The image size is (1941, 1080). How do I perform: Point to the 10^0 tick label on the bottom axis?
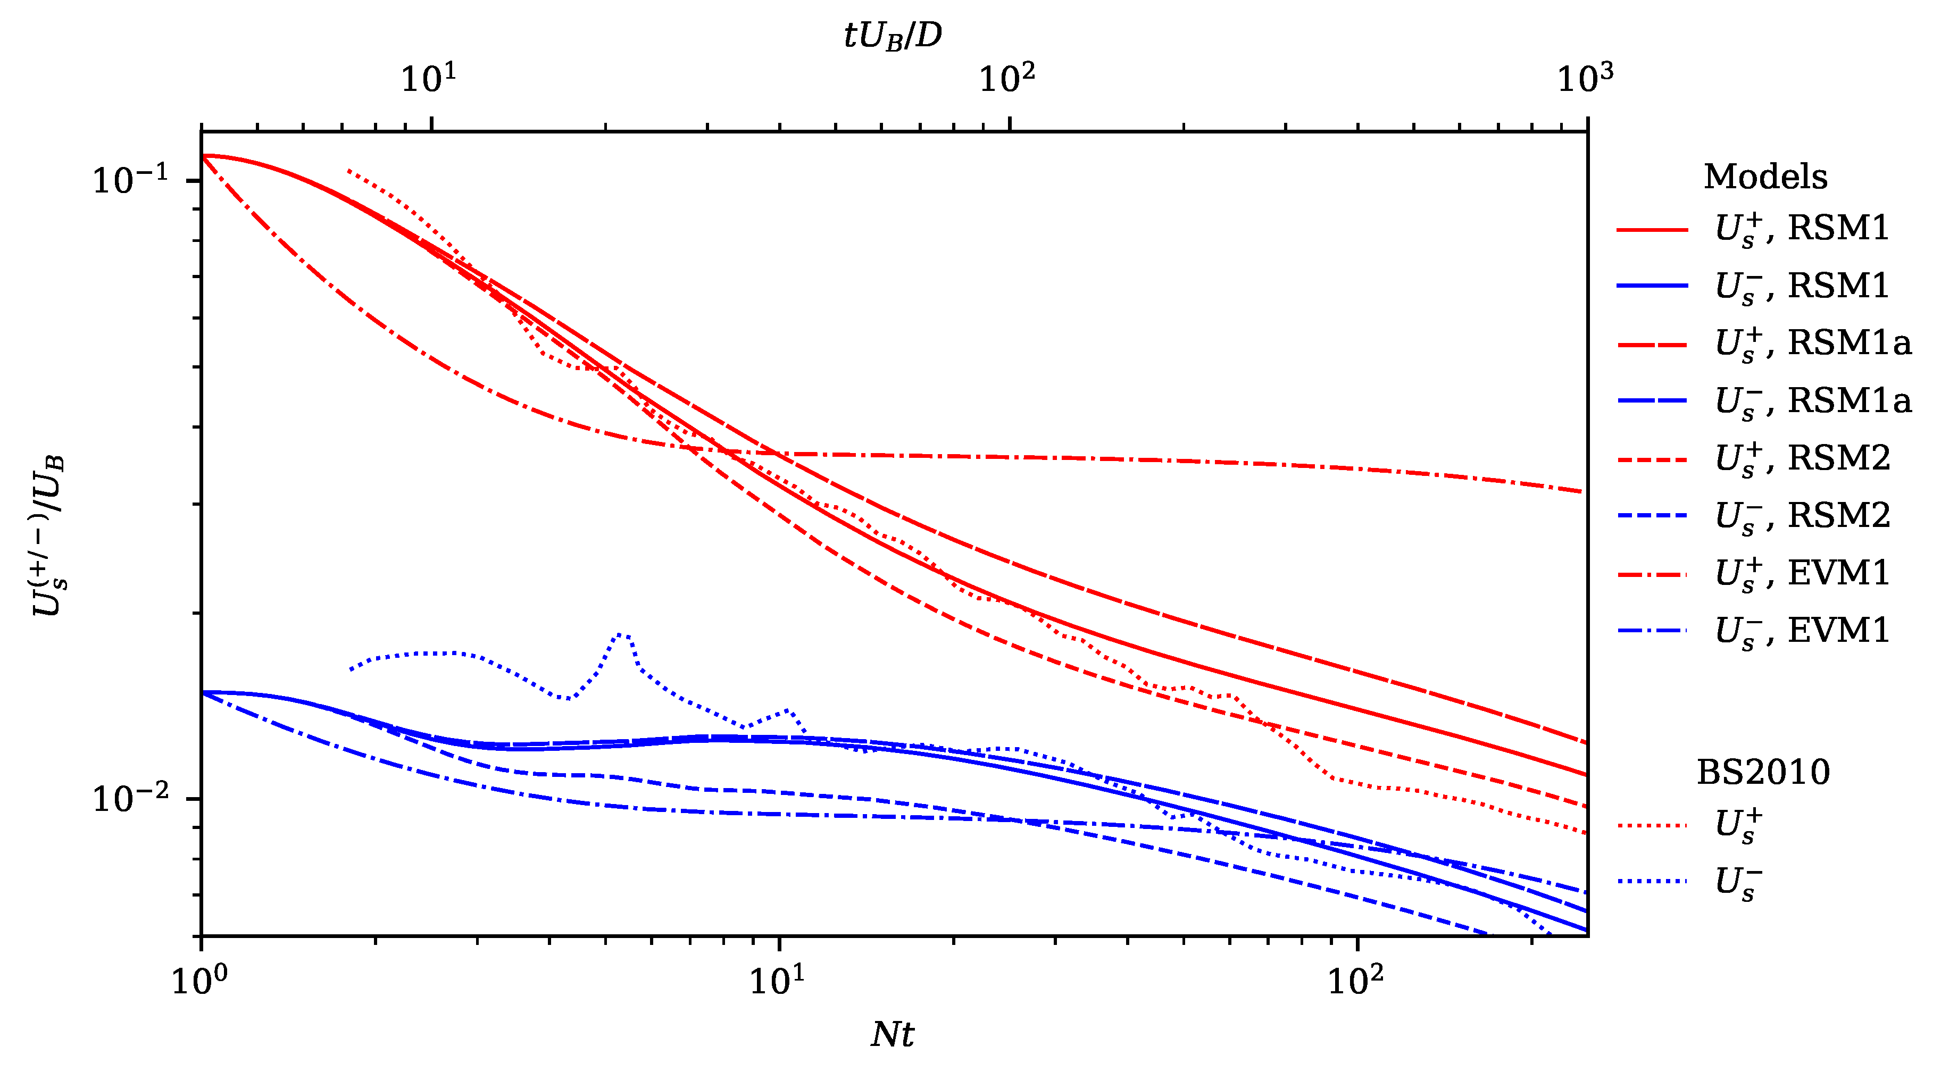click(x=199, y=980)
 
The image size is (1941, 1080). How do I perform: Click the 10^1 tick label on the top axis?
click(x=429, y=78)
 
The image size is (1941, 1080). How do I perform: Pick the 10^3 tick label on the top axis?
click(x=1585, y=78)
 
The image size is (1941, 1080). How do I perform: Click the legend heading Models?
click(x=1765, y=177)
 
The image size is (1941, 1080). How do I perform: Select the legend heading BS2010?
click(x=1763, y=772)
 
